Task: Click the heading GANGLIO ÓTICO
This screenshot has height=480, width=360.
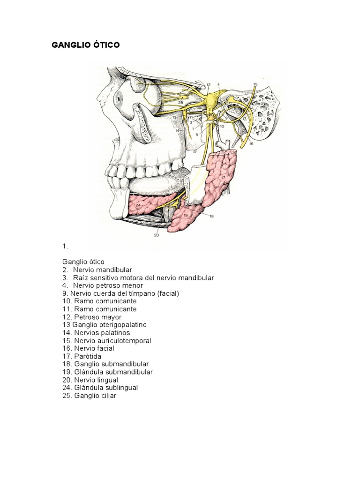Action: (x=85, y=45)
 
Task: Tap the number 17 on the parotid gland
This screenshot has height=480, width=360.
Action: (x=223, y=177)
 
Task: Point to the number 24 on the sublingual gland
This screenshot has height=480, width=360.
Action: (x=138, y=204)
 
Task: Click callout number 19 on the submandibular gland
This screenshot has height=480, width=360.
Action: (x=186, y=215)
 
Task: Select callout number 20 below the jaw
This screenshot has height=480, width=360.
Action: (x=157, y=235)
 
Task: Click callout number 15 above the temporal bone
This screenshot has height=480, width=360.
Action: (x=255, y=84)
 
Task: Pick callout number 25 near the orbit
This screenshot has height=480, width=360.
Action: (x=180, y=103)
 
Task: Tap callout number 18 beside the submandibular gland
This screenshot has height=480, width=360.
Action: (x=211, y=216)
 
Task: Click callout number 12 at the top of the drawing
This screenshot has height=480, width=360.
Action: (x=209, y=84)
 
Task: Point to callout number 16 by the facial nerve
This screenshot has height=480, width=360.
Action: (x=251, y=143)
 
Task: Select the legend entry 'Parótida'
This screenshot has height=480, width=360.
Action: (x=82, y=356)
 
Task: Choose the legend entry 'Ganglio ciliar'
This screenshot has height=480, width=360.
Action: (x=90, y=396)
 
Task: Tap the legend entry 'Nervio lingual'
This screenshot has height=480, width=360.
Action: (x=90, y=380)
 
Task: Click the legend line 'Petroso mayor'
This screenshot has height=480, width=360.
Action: (x=92, y=317)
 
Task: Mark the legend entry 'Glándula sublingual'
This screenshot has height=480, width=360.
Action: (x=100, y=388)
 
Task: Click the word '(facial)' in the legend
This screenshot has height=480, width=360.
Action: (x=168, y=293)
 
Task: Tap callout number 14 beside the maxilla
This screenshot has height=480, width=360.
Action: (x=177, y=130)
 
